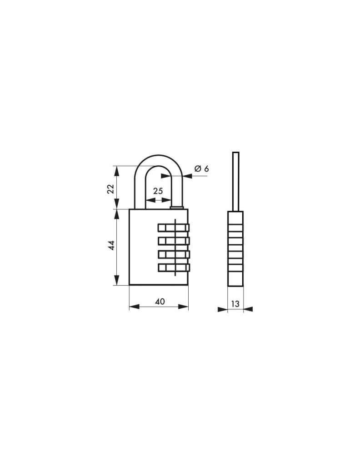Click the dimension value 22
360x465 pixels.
[110, 189]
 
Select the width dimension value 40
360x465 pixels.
[160, 302]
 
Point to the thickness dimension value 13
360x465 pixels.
[235, 304]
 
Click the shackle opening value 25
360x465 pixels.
[158, 191]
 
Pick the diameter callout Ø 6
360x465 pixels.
[202, 169]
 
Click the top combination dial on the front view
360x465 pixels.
[174, 228]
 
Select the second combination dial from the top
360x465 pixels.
[174, 241]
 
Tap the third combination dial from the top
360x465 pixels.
[174, 254]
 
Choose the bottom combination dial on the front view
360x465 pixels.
[174, 267]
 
